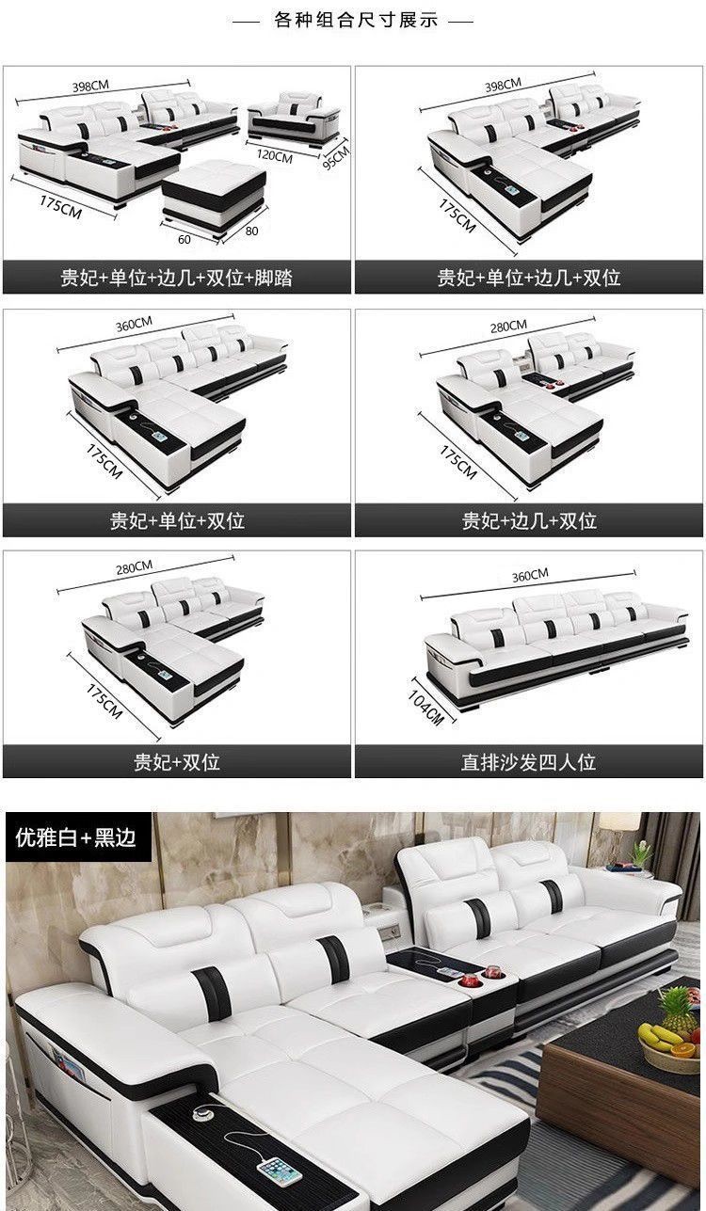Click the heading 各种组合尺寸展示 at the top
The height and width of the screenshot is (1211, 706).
click(356, 21)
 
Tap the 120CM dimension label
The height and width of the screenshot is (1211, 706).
click(274, 156)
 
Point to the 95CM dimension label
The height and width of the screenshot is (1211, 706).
click(336, 156)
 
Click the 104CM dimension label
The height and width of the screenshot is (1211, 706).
click(425, 708)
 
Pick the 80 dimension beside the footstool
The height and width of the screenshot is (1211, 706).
click(251, 231)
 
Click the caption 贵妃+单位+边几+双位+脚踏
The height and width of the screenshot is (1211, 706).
click(176, 278)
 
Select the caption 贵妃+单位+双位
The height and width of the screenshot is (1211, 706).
click(177, 520)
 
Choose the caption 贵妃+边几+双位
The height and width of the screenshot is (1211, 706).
click(529, 520)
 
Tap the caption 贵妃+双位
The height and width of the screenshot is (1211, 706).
click(177, 762)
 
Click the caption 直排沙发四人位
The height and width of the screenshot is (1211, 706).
click(528, 762)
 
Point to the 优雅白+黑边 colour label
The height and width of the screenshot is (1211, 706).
click(75, 837)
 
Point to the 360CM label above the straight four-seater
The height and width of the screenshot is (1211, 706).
click(530, 575)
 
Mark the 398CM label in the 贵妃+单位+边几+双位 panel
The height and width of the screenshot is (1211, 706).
click(503, 86)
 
